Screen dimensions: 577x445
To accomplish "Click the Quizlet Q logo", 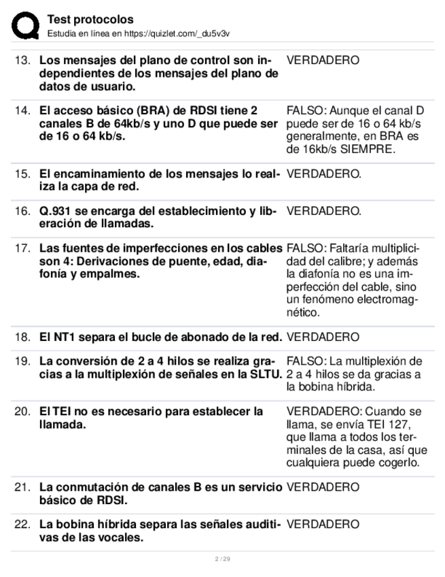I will click(25, 25).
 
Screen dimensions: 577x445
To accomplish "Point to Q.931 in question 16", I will click(55, 212).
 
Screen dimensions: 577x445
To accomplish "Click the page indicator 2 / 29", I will click(222, 559).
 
